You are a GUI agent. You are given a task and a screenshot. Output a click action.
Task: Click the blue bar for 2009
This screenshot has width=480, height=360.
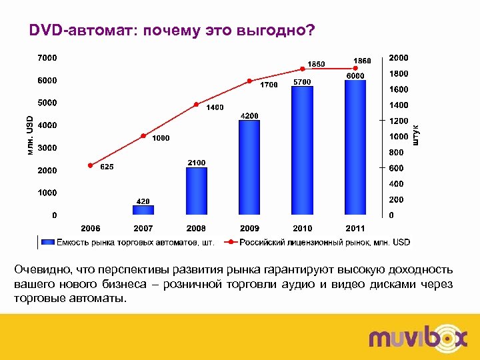[x=249, y=168]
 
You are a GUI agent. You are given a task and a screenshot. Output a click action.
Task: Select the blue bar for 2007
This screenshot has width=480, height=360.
[x=143, y=210]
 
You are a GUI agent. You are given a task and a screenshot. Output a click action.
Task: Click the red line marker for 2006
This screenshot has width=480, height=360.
[x=91, y=165]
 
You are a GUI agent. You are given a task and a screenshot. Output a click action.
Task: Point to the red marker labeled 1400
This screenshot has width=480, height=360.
[x=196, y=105]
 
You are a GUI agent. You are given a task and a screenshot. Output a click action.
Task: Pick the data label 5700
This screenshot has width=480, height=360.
[x=301, y=81]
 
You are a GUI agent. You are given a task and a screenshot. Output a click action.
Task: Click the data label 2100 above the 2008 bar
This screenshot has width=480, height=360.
[x=196, y=163]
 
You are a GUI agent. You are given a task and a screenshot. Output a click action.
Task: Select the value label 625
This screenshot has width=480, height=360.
[x=107, y=167]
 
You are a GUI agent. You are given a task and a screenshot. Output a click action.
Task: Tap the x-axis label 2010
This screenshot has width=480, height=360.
[x=302, y=228]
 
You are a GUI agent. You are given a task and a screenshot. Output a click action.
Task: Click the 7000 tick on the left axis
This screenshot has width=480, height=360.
[x=47, y=58]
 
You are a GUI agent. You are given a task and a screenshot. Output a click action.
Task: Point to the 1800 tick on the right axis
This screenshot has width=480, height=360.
[x=399, y=73]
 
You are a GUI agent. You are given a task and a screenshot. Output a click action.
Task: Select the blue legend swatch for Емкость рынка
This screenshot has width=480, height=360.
[x=47, y=242]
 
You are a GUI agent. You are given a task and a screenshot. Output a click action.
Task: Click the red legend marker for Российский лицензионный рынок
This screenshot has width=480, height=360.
[x=230, y=242]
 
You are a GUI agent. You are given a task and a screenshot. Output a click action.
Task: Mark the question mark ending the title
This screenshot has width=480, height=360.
[x=311, y=31]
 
